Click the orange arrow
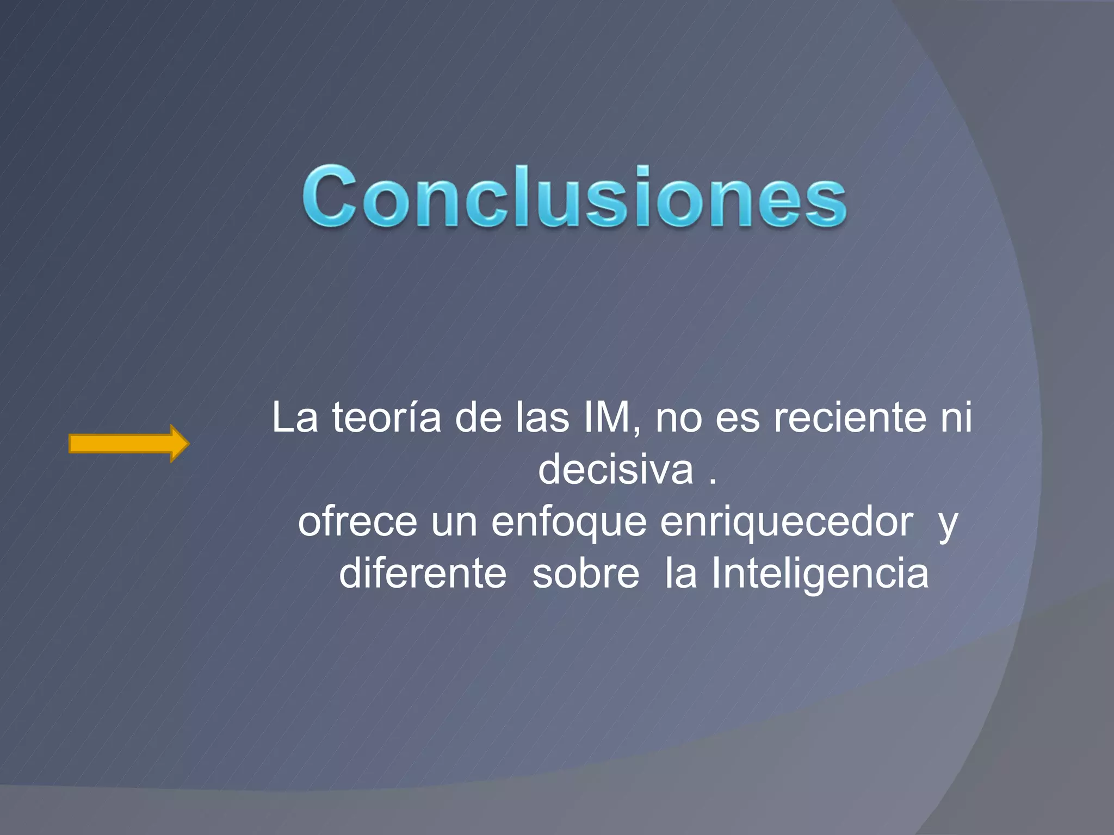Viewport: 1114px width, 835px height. tap(128, 444)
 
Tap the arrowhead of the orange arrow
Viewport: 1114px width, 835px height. tap(180, 444)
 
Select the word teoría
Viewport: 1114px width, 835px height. tap(387, 417)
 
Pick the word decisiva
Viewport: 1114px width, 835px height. tap(615, 470)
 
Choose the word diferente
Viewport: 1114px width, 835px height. tap(423, 574)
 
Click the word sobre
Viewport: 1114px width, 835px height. tap(586, 574)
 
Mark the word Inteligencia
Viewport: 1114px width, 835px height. tap(820, 574)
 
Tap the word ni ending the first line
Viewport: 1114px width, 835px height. tap(957, 417)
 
